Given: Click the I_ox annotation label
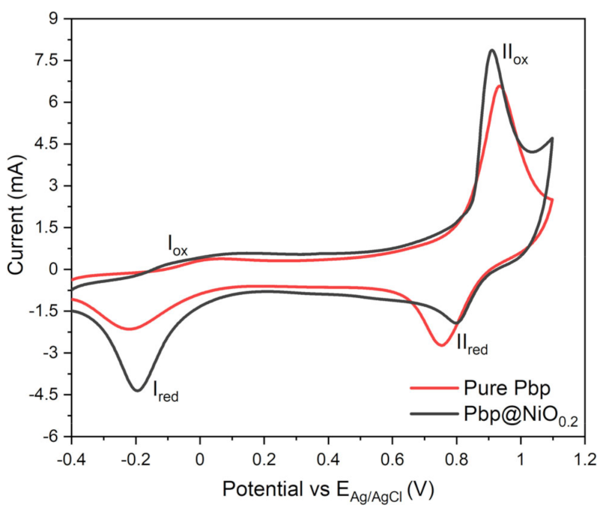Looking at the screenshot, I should point(177,245).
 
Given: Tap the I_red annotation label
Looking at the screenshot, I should point(166,390).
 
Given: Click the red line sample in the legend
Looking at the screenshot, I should point(433,388).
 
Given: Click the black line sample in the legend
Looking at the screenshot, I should point(433,413).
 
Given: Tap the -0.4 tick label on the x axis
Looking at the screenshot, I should point(70,458).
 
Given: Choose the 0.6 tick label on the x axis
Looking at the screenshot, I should point(393,458).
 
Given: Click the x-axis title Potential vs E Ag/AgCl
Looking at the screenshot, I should point(328,489).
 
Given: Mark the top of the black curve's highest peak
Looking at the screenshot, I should point(492,50).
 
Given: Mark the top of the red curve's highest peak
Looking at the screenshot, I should point(500,86).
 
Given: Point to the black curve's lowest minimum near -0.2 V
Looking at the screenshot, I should point(137,390).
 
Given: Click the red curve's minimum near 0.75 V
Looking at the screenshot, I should point(442,345).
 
